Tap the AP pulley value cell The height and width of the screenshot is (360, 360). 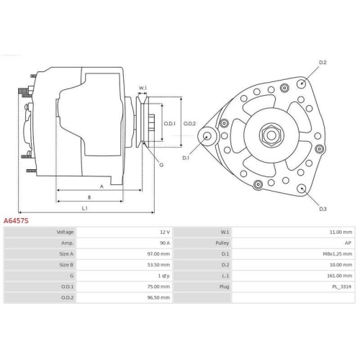pos(348,243)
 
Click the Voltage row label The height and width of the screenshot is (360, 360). pos(66,233)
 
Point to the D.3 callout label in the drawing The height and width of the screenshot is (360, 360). pos(323,209)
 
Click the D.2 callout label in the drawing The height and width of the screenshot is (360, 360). pos(323,63)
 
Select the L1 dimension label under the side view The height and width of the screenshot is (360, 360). pos(85,208)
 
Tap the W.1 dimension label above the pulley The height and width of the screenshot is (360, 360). pos(143,88)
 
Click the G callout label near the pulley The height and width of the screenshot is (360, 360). pos(161,165)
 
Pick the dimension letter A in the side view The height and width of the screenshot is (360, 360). pos(102,186)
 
